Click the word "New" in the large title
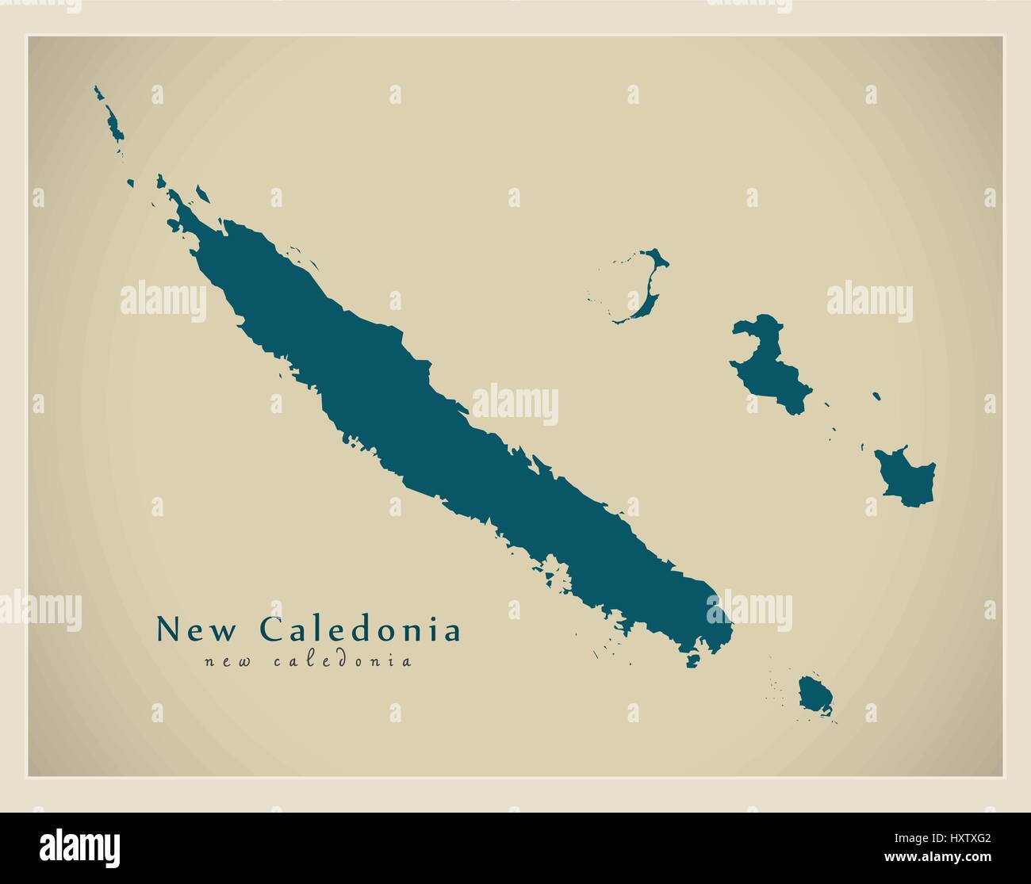(x=196, y=630)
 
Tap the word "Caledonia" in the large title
(x=360, y=630)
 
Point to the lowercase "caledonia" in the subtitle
(x=343, y=660)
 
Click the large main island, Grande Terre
(x=444, y=444)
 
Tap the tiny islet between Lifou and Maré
(x=876, y=395)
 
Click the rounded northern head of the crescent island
(x=657, y=258)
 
